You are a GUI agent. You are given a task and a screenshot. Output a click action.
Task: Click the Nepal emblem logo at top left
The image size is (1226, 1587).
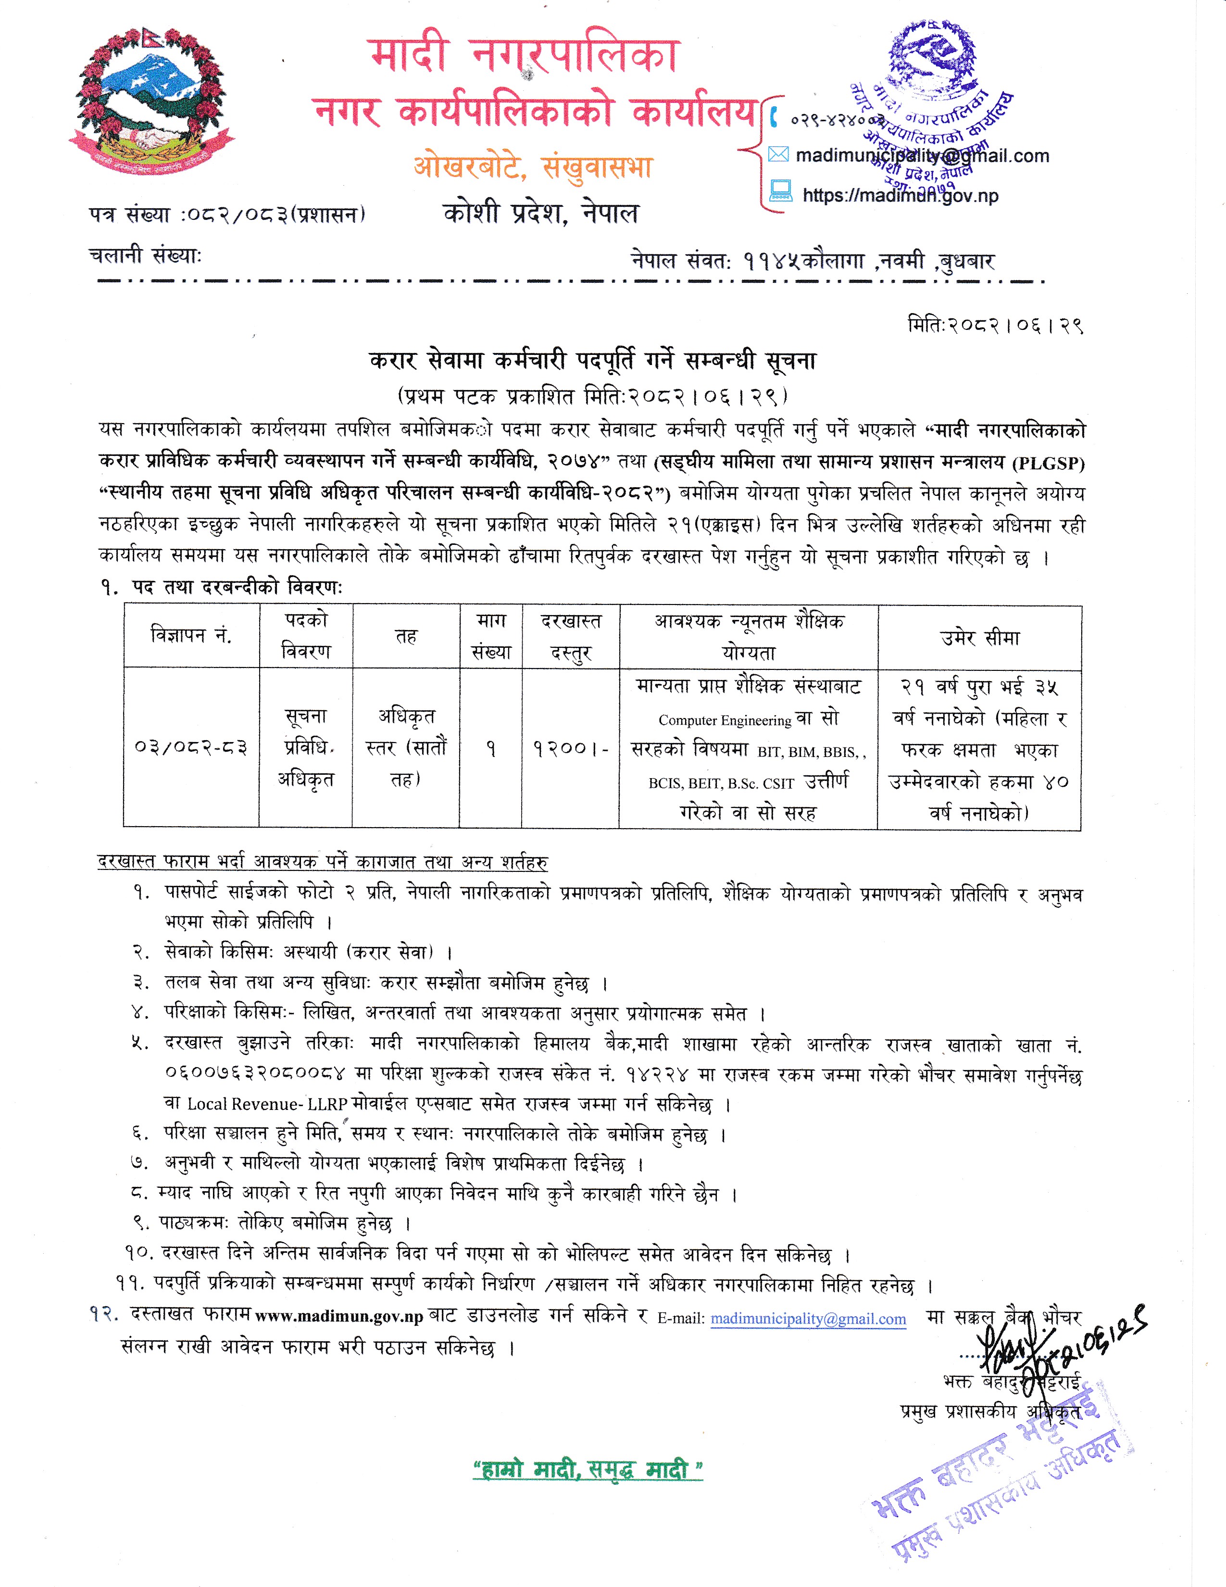click(x=150, y=102)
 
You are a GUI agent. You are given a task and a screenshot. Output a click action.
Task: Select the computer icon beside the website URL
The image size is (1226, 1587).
click(x=780, y=192)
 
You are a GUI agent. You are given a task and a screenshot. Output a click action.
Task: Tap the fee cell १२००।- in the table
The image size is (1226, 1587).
click(x=570, y=748)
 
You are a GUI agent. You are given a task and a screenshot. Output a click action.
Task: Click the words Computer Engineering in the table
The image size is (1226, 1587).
click(x=724, y=720)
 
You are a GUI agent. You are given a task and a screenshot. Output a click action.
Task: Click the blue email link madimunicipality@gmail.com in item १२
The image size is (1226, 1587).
click(x=808, y=1319)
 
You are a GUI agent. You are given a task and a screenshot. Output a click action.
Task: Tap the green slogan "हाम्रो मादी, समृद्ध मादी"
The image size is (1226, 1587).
click(x=588, y=1470)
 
